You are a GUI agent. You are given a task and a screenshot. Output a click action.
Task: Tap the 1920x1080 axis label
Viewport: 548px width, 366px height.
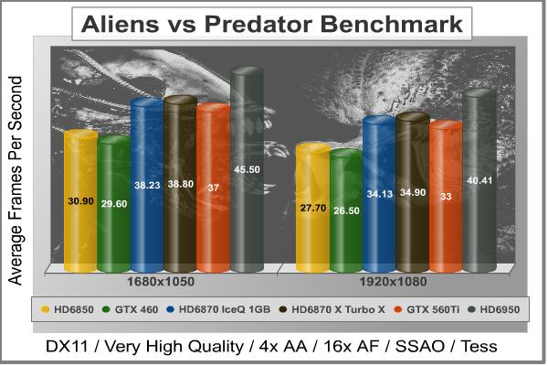point(394,281)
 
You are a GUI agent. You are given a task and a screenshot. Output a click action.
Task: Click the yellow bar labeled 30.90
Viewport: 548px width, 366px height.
point(80,201)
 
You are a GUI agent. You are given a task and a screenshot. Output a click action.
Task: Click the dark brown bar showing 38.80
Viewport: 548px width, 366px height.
point(181,184)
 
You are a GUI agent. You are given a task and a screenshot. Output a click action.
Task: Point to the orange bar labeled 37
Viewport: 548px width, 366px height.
point(214,188)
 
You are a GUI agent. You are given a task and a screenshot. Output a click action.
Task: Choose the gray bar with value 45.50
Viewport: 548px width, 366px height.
point(248,170)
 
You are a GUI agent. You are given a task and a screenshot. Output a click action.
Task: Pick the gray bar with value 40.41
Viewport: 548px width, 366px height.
point(479,180)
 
